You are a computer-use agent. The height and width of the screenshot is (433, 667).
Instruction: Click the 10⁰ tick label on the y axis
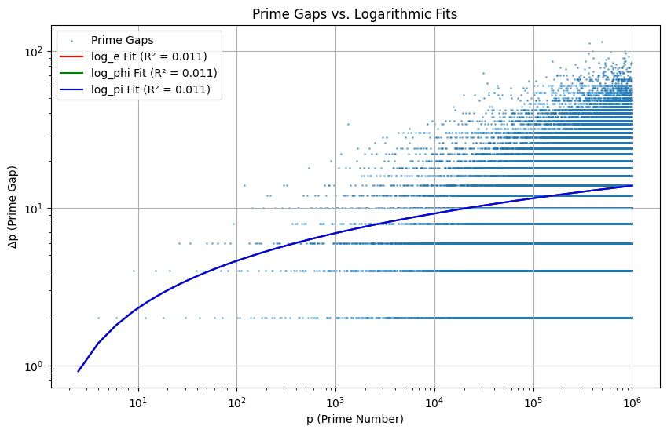point(38,366)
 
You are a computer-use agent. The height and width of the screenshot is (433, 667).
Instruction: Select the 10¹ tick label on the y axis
point(38,209)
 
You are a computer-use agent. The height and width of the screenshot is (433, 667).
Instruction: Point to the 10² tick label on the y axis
point(38,52)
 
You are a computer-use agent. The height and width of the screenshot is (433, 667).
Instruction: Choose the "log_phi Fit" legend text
point(154,73)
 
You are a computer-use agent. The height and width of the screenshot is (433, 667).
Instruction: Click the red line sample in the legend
point(74,56)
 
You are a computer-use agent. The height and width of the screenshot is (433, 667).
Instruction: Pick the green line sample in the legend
point(74,73)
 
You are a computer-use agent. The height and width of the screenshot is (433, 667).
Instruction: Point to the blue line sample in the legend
point(74,89)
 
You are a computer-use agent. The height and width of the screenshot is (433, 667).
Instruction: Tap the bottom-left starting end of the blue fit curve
point(79,370)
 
